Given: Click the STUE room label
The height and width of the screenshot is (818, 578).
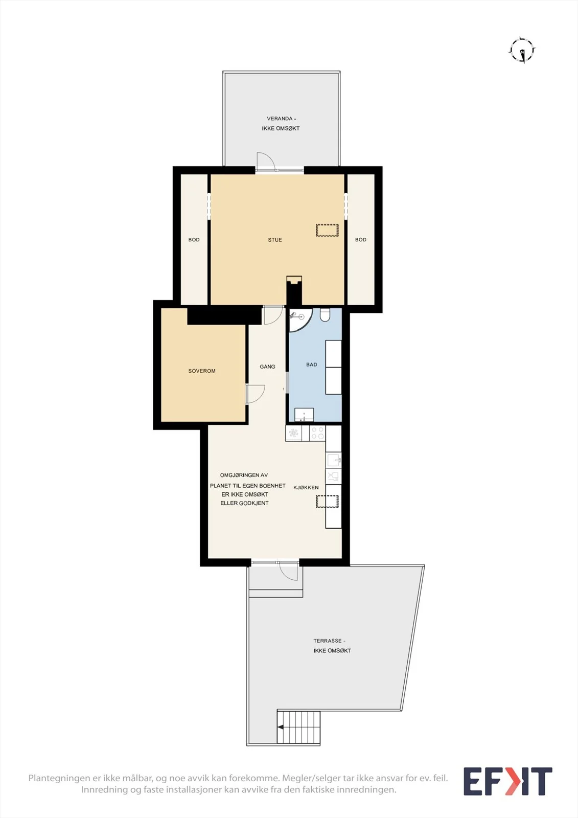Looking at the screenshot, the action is point(275,240).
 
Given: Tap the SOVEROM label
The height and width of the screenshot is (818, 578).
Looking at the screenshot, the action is point(202,371).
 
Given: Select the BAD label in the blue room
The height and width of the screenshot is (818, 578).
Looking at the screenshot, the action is point(311,365).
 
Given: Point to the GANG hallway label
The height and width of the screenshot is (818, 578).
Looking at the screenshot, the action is point(267,367).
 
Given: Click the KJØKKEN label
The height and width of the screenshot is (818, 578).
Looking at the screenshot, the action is point(306,487).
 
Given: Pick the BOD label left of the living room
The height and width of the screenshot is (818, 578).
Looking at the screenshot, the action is point(194,240).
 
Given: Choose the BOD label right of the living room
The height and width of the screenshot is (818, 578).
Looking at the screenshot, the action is point(361,240).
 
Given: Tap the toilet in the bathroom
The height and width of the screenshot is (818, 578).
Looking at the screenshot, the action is point(325,315).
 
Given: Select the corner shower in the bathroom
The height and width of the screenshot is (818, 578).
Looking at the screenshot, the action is point(300,320).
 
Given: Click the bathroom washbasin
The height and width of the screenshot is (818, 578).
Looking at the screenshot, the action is point(304,415).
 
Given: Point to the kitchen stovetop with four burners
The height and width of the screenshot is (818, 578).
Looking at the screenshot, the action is point(317,433).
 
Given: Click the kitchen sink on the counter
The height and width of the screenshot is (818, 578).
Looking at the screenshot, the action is point(333,461).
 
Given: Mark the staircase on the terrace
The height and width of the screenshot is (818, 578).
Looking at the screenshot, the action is point(298,727).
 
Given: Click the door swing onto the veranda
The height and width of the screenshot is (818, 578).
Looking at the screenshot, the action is point(265,161).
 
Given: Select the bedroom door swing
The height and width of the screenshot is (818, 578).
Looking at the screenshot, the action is point(256,394).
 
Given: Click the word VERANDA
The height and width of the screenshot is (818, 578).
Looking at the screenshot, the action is point(280,119).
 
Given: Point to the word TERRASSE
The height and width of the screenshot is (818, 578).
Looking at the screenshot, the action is point(328,641).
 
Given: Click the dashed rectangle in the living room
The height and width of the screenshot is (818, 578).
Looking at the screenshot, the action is point(327,230).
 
